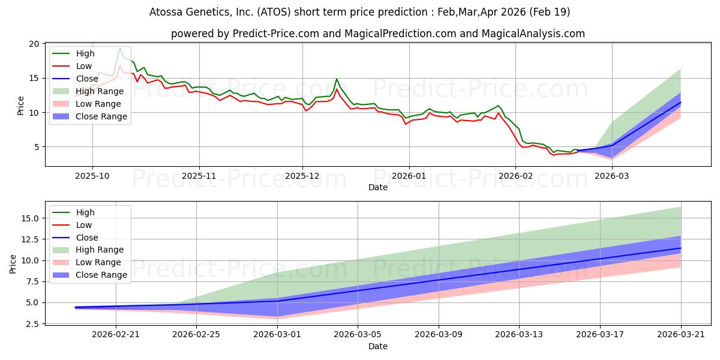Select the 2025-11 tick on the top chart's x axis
pyautogui.click(x=199, y=175)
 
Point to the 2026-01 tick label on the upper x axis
pyautogui.click(x=409, y=175)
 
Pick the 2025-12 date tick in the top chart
pyautogui.click(x=302, y=175)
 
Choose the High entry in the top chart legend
pyautogui.click(x=85, y=53)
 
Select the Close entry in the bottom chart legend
pyautogui.click(x=87, y=238)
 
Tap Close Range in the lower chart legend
pyautogui.click(x=101, y=275)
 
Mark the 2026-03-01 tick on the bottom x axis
pyautogui.click(x=277, y=334)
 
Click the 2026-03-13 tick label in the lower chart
pyautogui.click(x=520, y=334)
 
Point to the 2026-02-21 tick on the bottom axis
pyautogui.click(x=116, y=334)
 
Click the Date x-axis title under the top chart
pyautogui.click(x=378, y=187)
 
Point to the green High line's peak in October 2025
pyautogui.click(x=120, y=47)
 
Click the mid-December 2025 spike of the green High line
pyautogui.click(x=337, y=79)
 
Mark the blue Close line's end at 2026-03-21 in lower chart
pyautogui.click(x=681, y=248)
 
